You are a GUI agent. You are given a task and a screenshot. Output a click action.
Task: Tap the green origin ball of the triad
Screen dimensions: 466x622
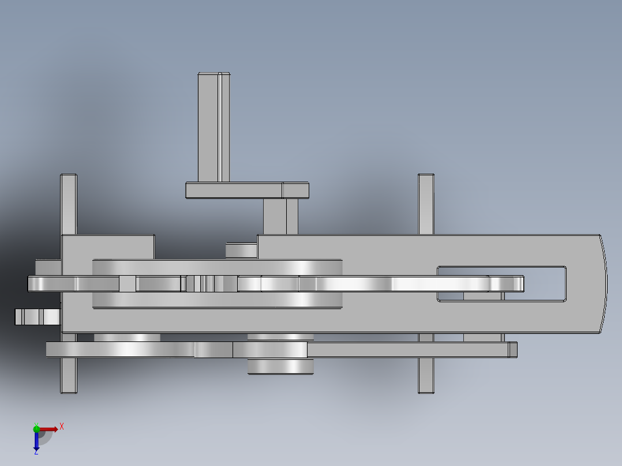click(36, 428)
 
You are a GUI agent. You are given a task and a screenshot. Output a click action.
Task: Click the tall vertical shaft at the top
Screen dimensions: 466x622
click(213, 127)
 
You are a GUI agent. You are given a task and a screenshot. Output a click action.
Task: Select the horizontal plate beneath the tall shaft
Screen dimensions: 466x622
click(247, 190)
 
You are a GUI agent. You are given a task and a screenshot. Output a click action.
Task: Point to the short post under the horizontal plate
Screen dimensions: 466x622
click(280, 216)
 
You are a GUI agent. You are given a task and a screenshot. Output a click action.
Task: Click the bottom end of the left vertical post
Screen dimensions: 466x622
click(69, 386)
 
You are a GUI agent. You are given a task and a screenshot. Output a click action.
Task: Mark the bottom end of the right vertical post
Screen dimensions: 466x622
click(426, 386)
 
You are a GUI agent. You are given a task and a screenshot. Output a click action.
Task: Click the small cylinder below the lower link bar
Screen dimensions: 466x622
click(280, 366)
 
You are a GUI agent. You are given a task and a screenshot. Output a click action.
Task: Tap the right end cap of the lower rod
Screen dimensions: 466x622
click(513, 349)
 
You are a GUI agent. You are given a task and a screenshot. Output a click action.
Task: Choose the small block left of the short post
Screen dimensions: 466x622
click(241, 250)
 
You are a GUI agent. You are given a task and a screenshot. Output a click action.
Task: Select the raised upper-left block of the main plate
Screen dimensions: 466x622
click(107, 246)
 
